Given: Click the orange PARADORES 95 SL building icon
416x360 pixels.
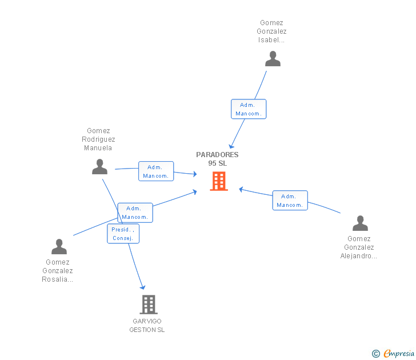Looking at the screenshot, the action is tap(219, 181).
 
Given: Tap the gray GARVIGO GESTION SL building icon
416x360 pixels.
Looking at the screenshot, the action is tap(149, 305).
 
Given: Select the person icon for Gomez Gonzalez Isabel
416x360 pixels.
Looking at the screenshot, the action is tap(273, 59).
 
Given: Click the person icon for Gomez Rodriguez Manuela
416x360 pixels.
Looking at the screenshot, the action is tap(100, 167).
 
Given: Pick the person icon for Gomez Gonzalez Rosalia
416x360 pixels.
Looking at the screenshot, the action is tap(59, 246).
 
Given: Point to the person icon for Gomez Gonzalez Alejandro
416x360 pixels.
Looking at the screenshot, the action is tap(360, 223).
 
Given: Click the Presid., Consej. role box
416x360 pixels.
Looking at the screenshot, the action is tap(123, 234).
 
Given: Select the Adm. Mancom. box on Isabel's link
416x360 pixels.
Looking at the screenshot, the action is tap(249, 109).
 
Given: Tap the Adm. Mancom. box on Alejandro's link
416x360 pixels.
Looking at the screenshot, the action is tap(290, 201).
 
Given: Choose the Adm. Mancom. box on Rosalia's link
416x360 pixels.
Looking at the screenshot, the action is tap(135, 213).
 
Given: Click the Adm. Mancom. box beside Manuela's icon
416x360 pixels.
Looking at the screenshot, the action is tap(156, 171).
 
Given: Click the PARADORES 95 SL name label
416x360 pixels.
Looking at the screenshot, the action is tap(217, 159).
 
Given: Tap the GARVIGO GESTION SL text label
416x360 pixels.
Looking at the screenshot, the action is tap(147, 326).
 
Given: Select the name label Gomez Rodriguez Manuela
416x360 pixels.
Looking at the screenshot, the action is tap(98, 139).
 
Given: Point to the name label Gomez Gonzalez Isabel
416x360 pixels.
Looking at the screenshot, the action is tap(271, 31).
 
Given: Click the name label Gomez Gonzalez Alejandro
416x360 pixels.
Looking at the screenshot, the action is tap(359, 247).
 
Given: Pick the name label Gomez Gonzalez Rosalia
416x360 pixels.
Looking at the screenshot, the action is tap(58, 271).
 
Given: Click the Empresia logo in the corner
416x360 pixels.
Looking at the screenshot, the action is tap(393, 353).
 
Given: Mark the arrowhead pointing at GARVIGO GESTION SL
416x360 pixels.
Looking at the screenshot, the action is tap(143, 287).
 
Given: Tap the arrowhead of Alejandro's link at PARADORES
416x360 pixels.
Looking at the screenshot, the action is tap(241, 189).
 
